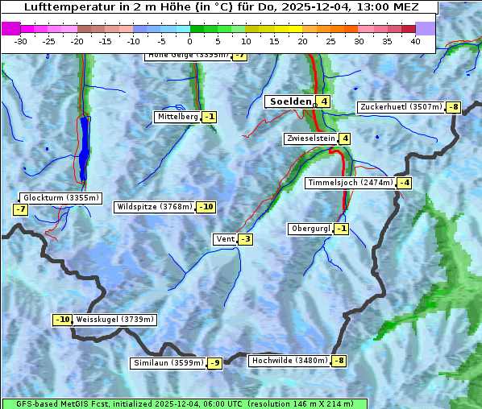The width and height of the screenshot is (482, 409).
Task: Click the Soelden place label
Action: pos(289,101)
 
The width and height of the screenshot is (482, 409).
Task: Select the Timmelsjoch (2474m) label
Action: pos(351,183)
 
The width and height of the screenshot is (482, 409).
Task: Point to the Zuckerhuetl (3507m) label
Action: pos(401,107)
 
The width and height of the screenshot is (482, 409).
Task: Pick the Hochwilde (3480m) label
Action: pos(289,361)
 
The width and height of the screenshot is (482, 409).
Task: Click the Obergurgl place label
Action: pos(310,229)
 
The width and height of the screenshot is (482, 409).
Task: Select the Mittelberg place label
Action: pos(177,117)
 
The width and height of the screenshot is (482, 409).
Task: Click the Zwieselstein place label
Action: pos(310,138)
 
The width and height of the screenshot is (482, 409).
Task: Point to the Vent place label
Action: pos(225,239)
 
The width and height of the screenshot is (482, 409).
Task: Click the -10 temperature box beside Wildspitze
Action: pos(206,207)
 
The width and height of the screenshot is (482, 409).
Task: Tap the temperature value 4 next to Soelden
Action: pos(322,101)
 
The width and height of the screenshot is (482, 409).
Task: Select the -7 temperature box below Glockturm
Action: pos(21,209)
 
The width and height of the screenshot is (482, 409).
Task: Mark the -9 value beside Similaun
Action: pos(214,363)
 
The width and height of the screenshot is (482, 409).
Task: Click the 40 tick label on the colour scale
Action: pos(415,41)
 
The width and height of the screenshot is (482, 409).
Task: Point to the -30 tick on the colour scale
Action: pos(21,41)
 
